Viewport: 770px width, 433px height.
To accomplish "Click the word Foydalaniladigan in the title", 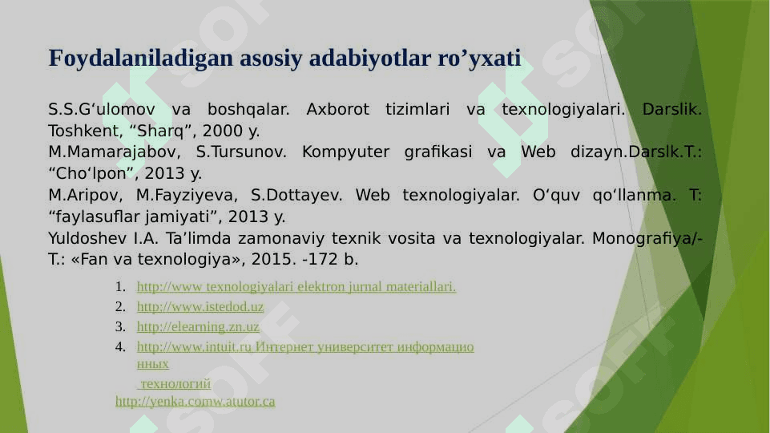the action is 140,59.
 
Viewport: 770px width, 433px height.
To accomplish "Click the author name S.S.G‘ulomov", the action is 102,109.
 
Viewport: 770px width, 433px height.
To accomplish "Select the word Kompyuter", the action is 345,152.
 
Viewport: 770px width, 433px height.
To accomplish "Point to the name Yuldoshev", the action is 87,238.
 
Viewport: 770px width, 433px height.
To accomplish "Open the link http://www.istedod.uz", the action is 200,306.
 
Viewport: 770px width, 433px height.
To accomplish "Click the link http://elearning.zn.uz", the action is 198,327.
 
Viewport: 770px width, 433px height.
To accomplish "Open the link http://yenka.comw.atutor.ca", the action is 195,402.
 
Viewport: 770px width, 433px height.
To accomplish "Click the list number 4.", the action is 119,347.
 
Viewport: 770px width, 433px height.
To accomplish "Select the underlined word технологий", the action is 175,384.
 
